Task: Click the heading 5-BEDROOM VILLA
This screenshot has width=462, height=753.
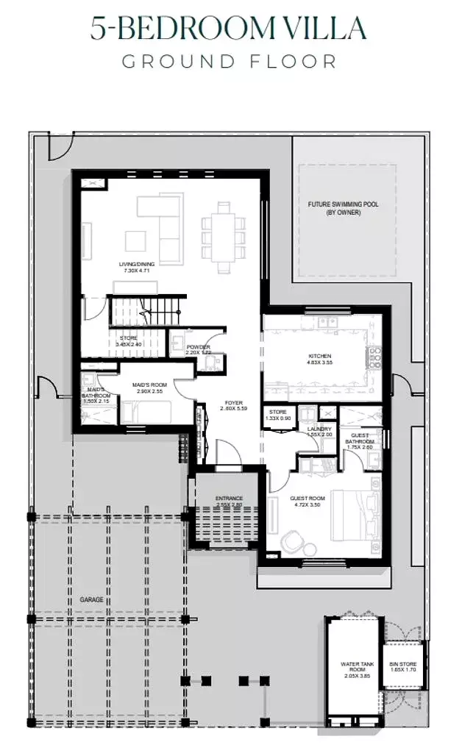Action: click(x=228, y=29)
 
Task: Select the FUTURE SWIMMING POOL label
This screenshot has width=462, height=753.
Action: click(x=343, y=204)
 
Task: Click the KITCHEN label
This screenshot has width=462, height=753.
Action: click(x=319, y=357)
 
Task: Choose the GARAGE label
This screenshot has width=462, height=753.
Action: click(x=92, y=600)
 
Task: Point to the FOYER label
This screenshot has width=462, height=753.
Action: click(x=234, y=403)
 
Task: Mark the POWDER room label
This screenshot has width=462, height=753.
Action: click(x=198, y=347)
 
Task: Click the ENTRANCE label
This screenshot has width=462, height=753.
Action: click(x=229, y=499)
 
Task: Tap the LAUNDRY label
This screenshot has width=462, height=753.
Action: click(x=319, y=429)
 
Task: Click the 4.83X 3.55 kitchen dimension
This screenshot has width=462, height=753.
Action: click(x=319, y=363)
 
